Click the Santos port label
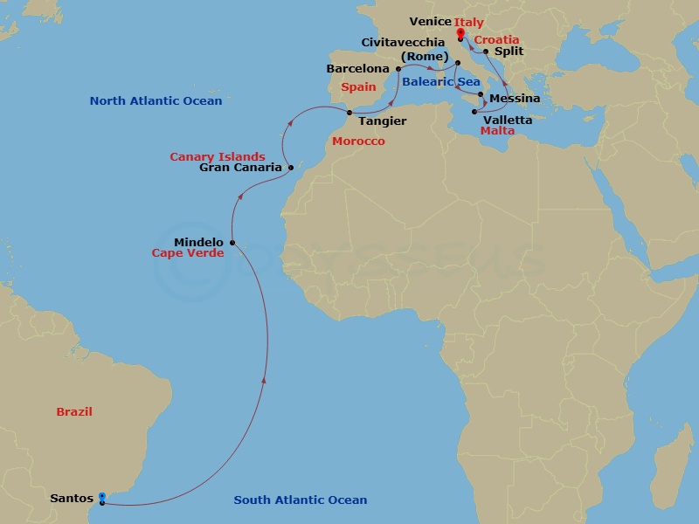tap(72, 499)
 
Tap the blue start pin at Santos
tap(102, 498)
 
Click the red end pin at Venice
tap(460, 34)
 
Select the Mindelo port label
tap(199, 242)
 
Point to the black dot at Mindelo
tap(232, 243)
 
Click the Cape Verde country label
tap(188, 253)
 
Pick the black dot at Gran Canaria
tap(291, 167)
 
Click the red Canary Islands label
tap(218, 156)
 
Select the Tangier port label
tap(382, 121)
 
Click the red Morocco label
tap(358, 141)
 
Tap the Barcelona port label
tap(357, 68)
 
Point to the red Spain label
tap(358, 87)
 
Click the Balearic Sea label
tap(441, 81)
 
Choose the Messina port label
tap(515, 99)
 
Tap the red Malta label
tap(497, 131)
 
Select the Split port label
tap(509, 52)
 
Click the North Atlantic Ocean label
tap(156, 101)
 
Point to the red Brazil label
tap(74, 411)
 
